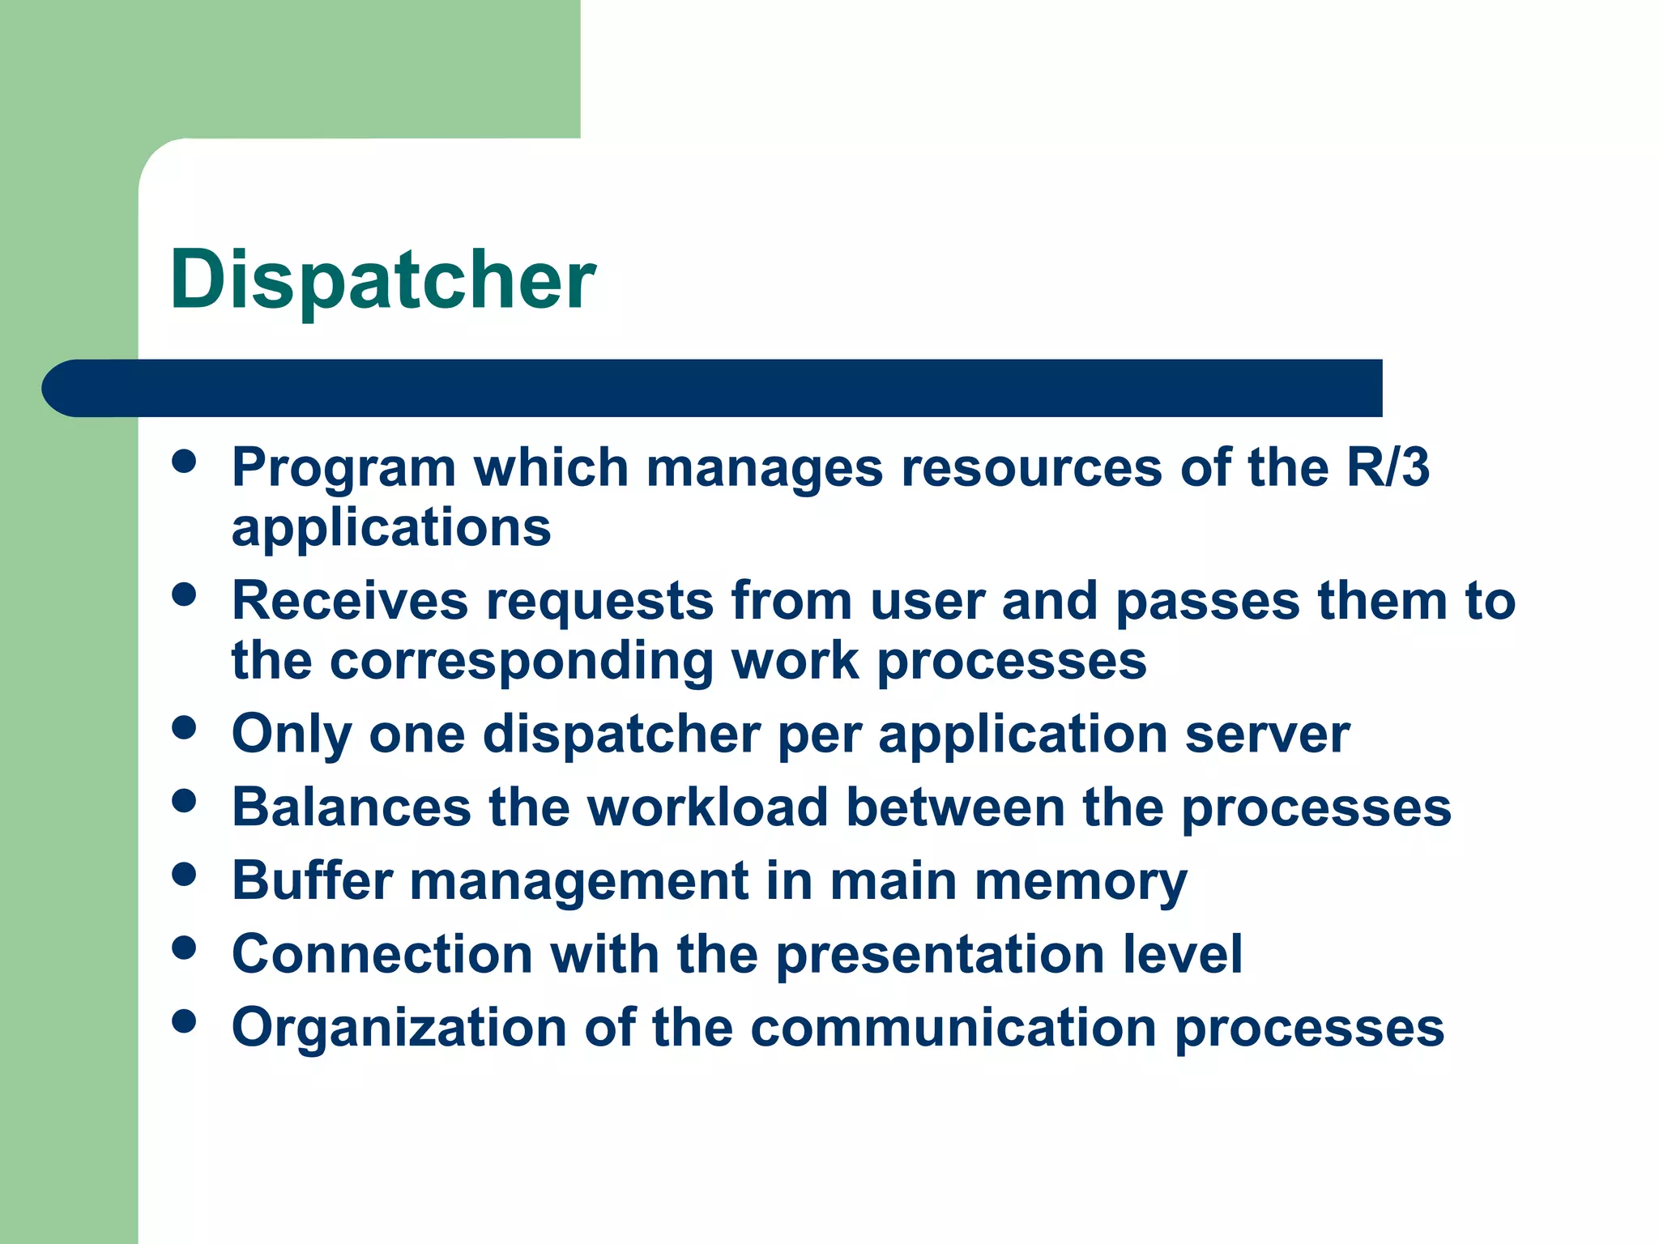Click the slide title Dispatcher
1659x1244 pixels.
click(382, 280)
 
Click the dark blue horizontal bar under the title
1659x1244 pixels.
click(713, 388)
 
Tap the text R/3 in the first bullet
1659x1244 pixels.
click(1387, 468)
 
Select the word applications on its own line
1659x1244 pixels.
click(391, 529)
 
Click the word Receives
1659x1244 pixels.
click(350, 601)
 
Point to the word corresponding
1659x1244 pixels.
click(522, 660)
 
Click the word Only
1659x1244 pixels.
click(291, 735)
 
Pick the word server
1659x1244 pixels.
click(1267, 735)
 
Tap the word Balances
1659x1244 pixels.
click(351, 807)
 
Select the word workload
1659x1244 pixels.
click(707, 807)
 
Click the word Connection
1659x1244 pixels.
click(382, 954)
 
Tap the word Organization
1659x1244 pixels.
click(399, 1028)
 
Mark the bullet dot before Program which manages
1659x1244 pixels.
click(185, 462)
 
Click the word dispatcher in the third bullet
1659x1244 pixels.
click(621, 735)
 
